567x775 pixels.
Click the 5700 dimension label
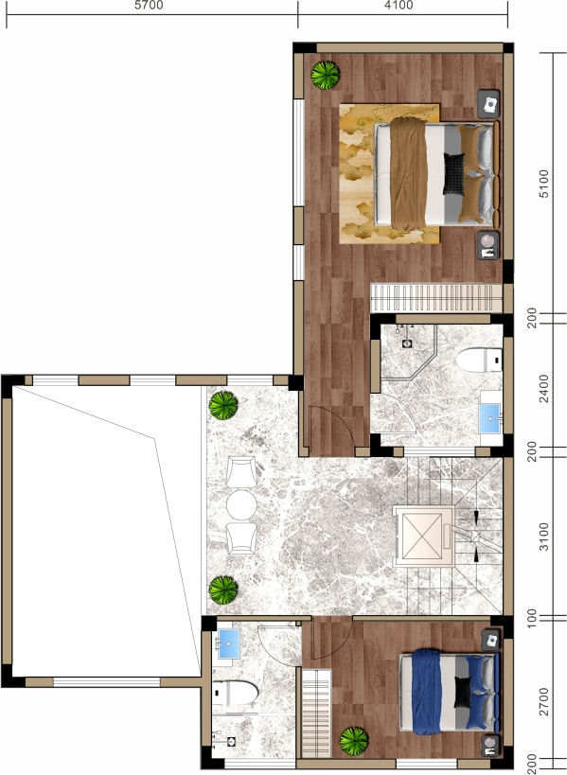coord(149,6)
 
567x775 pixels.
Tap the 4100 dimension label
coord(399,6)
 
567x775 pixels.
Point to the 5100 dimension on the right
coord(543,184)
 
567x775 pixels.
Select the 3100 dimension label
coord(543,537)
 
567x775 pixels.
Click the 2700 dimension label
coord(543,701)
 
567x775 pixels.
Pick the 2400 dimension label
coord(543,389)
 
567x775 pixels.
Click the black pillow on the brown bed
coord(453,174)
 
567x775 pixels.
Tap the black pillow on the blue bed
coord(463,692)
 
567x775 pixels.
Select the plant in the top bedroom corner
coord(325,75)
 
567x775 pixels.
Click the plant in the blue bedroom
coord(353,741)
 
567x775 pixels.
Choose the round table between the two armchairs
coord(241,504)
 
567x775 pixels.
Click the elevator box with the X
coord(423,536)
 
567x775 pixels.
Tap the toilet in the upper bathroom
coord(479,360)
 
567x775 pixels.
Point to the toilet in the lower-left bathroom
coord(236,693)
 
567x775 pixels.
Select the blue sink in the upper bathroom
coord(489,418)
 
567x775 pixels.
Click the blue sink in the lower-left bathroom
coord(229,643)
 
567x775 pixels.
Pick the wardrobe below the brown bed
coord(436,297)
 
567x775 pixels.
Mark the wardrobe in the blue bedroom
coord(316,713)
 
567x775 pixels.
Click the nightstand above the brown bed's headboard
coord(488,104)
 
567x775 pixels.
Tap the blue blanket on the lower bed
coord(426,692)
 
